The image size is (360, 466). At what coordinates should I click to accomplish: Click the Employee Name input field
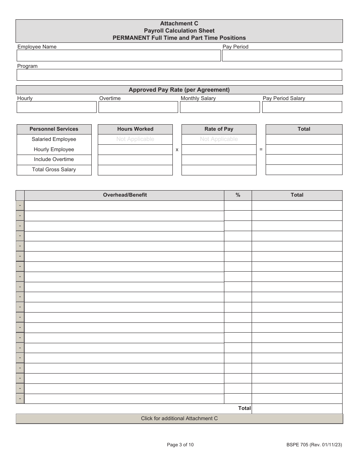pyautogui.click(x=119, y=56)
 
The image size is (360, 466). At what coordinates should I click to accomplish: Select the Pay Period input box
pyautogui.click(x=282, y=56)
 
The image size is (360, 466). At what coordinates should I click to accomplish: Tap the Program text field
pyautogui.click(x=179, y=75)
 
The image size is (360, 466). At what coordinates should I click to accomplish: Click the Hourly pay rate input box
pyautogui.click(x=56, y=107)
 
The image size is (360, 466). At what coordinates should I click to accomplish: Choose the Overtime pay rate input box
pyautogui.click(x=138, y=107)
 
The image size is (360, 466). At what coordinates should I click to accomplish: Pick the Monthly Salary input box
pyautogui.click(x=220, y=107)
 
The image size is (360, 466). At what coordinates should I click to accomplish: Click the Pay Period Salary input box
pyautogui.click(x=302, y=107)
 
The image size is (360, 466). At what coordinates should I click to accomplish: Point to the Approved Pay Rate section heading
pyautogui.click(x=179, y=90)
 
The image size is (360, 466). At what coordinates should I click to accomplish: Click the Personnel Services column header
pyautogui.click(x=54, y=129)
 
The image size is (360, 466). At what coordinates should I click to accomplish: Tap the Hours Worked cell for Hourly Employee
pyautogui.click(x=135, y=150)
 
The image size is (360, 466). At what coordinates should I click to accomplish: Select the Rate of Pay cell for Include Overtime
pyautogui.click(x=219, y=160)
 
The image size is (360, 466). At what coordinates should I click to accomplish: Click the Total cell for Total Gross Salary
pyautogui.click(x=304, y=170)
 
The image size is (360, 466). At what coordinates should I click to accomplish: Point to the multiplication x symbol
pyautogui.click(x=177, y=150)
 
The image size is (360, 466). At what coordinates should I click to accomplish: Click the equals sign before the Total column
pyautogui.click(x=261, y=150)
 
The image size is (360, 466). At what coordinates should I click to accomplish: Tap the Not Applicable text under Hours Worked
pyautogui.click(x=135, y=139)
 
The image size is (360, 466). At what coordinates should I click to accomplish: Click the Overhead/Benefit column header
pyautogui.click(x=125, y=195)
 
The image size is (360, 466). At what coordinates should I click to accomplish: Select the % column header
pyautogui.click(x=238, y=195)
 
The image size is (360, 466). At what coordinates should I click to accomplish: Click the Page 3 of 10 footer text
pyautogui.click(x=180, y=445)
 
